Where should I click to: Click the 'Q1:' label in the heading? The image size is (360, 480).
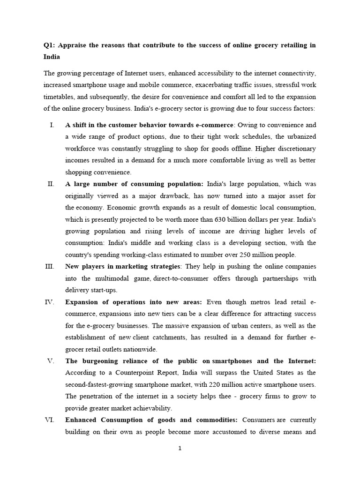[49, 45]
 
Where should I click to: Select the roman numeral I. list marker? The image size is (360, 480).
[52, 125]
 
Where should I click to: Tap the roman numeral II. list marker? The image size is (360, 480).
[51, 184]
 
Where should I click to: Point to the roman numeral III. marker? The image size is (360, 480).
[50, 266]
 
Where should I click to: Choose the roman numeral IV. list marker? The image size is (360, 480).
[50, 301]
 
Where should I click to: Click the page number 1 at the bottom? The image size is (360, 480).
[180, 448]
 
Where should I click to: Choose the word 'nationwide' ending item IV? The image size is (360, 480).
[142, 349]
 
